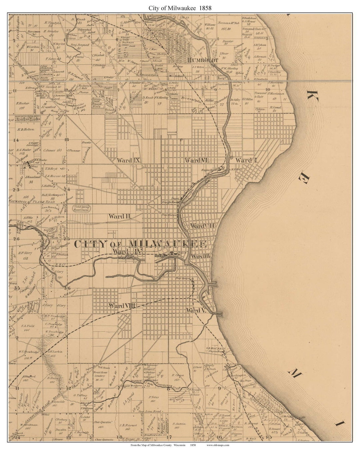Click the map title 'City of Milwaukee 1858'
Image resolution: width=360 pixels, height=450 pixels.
click(x=180, y=7)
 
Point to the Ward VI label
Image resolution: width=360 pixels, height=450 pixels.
click(x=197, y=160)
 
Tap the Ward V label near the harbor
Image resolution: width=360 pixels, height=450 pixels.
click(x=197, y=310)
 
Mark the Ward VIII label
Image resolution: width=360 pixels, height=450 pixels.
click(x=122, y=305)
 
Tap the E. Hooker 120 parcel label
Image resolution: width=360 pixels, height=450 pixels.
click(x=22, y=105)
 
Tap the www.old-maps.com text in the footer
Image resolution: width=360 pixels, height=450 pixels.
click(x=218, y=445)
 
